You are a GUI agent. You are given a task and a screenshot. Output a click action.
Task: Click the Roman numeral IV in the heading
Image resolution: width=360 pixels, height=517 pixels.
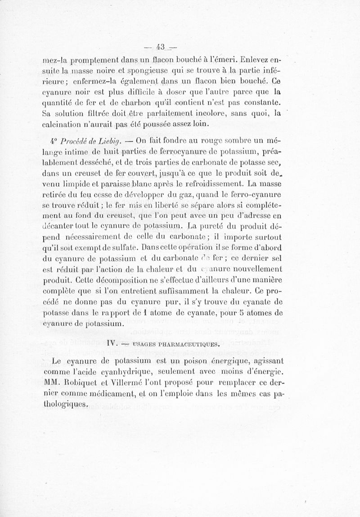point(113,343)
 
